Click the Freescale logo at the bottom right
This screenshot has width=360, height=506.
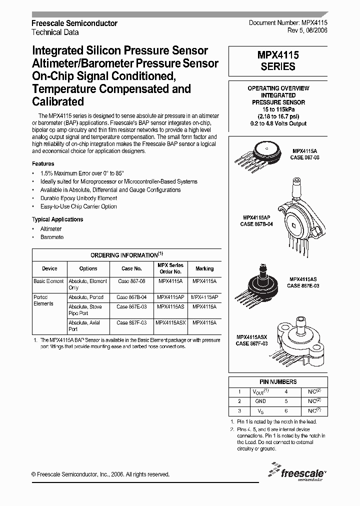coord(296,472)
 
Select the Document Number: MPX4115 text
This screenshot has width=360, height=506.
coord(288,23)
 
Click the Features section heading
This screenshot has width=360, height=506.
coord(43,163)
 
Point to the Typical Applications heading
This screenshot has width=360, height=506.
coord(57,219)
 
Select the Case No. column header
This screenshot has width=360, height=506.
coord(131,268)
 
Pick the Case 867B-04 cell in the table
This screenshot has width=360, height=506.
coord(131,297)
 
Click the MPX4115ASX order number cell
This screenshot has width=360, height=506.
coord(170,323)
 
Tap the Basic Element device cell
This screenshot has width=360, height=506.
coord(48,281)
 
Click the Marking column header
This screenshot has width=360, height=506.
coord(204,268)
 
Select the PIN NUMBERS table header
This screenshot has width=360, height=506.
coord(278,381)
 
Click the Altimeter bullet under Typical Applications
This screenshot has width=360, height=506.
coord(51,228)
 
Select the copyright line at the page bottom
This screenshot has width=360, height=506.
coord(100,474)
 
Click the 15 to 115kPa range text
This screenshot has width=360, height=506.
coord(278,109)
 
